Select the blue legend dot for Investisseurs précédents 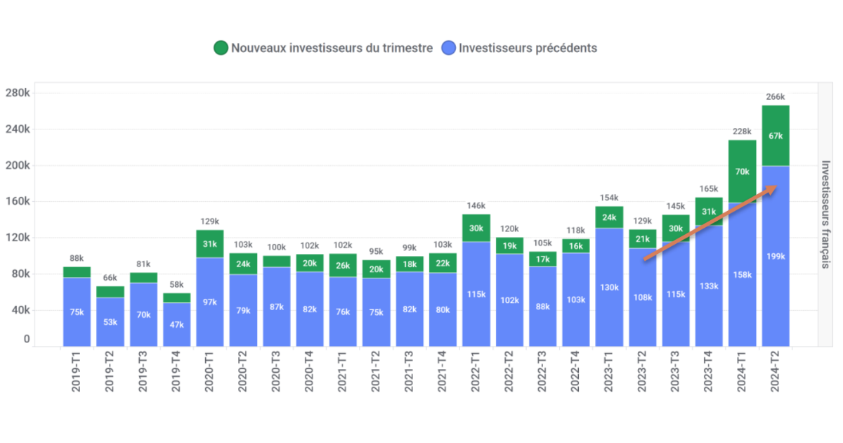pyautogui.click(x=449, y=49)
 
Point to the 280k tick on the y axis pyautogui.click(x=17, y=94)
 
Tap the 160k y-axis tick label pyautogui.click(x=17, y=202)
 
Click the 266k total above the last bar pyautogui.click(x=776, y=97)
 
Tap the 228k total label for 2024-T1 pyautogui.click(x=743, y=131)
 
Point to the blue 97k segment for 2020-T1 pyautogui.click(x=210, y=302)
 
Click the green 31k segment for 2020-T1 pyautogui.click(x=210, y=244)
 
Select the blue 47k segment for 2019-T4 pyautogui.click(x=177, y=325)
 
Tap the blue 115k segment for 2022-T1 pyautogui.click(x=476, y=294)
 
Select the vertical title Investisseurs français pyautogui.click(x=826, y=214)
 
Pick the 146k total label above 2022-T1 pyautogui.click(x=476, y=206)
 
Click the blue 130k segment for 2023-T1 pyautogui.click(x=609, y=288)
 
